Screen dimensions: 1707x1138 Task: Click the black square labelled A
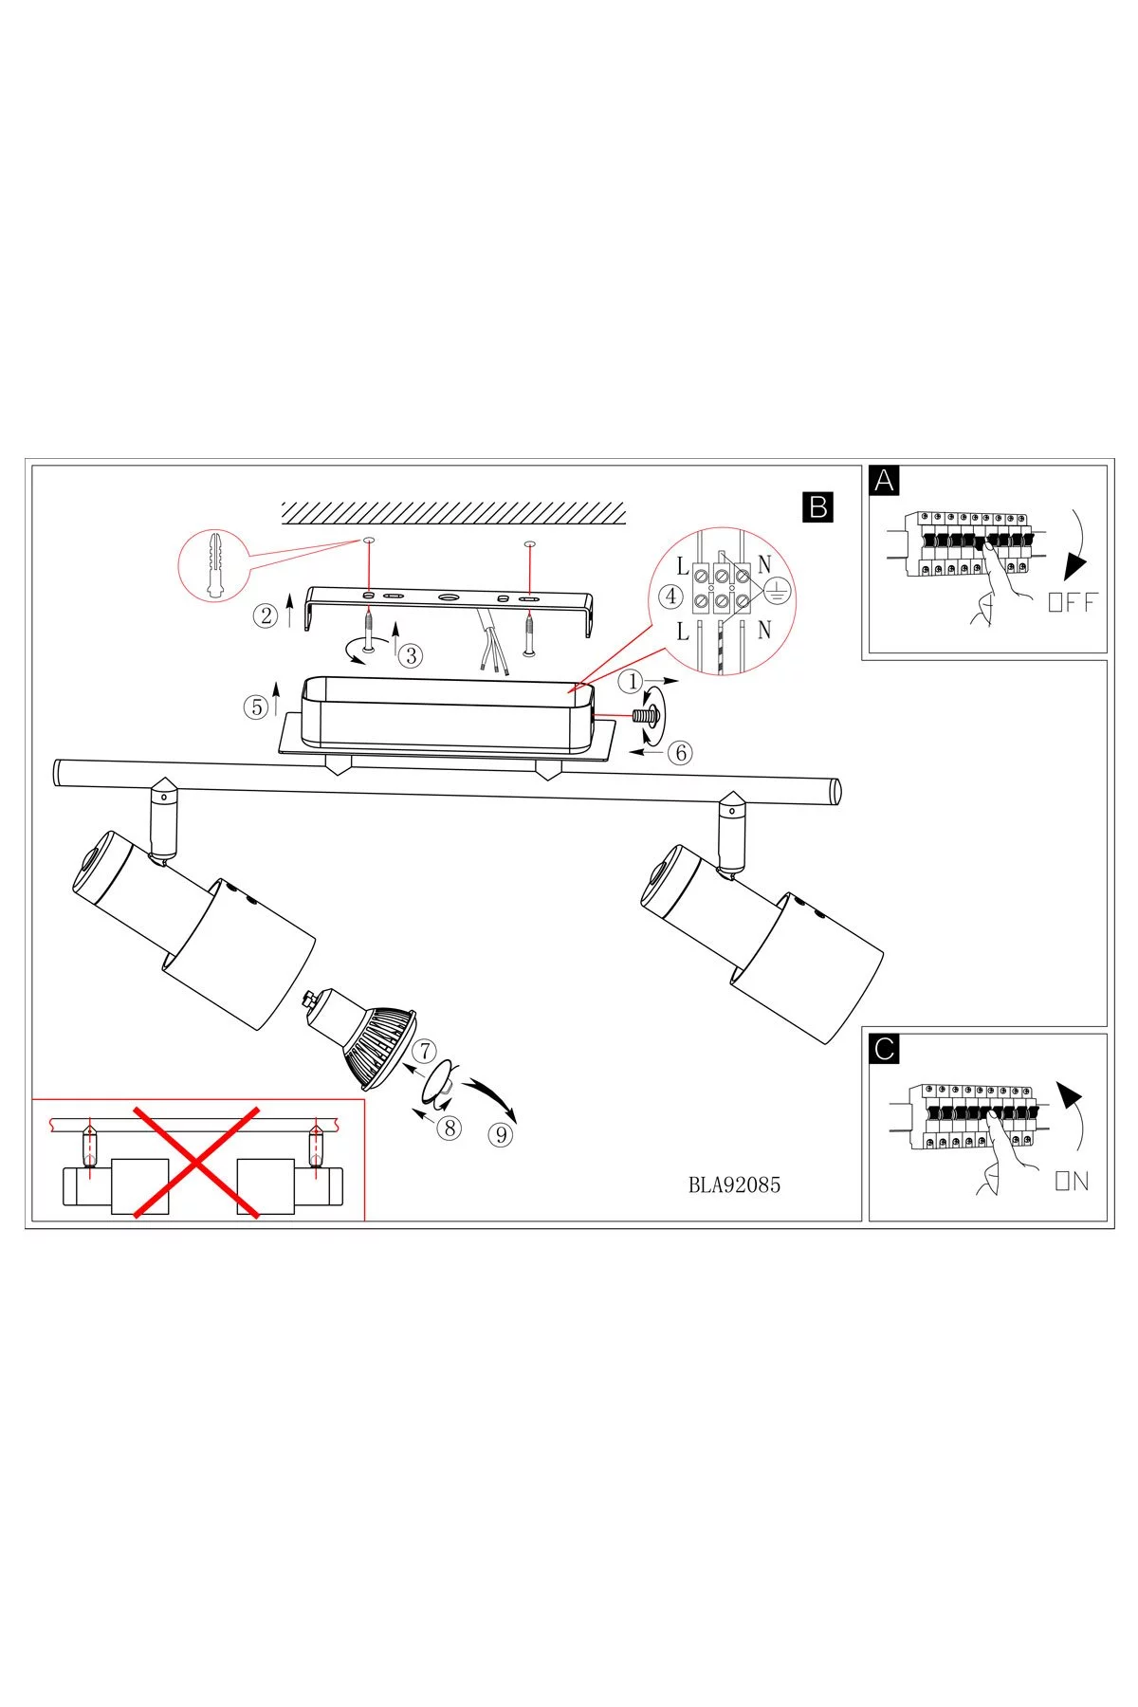pos(884,481)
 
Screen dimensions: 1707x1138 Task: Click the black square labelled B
pos(817,506)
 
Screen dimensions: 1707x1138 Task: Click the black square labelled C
pos(884,1049)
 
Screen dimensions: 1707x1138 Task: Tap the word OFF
pos(1073,601)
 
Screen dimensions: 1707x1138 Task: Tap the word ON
pos(1072,1181)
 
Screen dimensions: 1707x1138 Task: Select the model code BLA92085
pos(734,1184)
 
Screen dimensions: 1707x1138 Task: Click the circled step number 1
pos(633,681)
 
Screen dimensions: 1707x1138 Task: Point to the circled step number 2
pos(266,615)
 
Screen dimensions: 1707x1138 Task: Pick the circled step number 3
pos(410,655)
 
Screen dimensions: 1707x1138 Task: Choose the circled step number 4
pos(670,597)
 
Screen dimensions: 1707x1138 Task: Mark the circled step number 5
pos(256,707)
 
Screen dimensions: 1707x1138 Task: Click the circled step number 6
pos(679,753)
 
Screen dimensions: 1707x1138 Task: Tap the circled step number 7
pos(424,1051)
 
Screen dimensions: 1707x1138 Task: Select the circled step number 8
pos(450,1129)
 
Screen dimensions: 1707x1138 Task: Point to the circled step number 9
pos(500,1133)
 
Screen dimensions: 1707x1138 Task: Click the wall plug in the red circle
pos(214,565)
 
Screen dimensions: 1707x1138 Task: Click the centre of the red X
pos(196,1160)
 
